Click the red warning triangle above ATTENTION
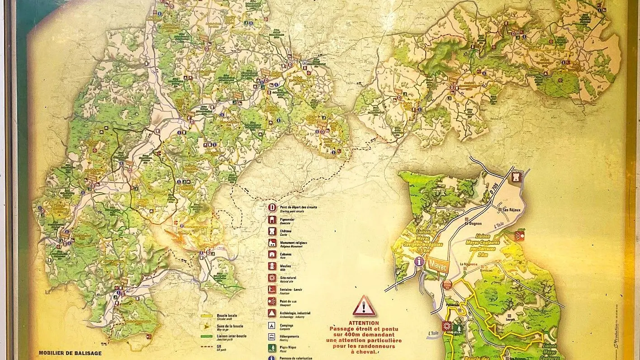(x=364, y=306)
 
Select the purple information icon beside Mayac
(x=419, y=261)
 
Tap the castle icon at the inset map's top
(x=516, y=176)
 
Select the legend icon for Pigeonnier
(x=272, y=219)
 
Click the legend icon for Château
(x=272, y=231)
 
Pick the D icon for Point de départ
(x=272, y=208)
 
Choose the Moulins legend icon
(x=272, y=266)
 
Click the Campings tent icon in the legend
(x=272, y=325)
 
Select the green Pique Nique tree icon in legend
(x=272, y=348)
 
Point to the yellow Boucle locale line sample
(x=207, y=316)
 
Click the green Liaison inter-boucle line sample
(x=207, y=336)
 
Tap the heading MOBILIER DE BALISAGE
(x=70, y=353)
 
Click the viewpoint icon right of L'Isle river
(x=520, y=236)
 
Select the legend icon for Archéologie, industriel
(x=272, y=313)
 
